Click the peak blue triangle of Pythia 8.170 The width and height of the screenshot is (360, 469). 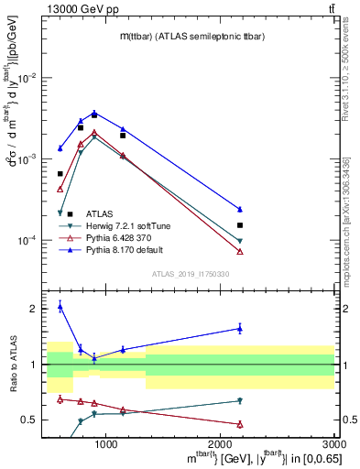94,113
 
